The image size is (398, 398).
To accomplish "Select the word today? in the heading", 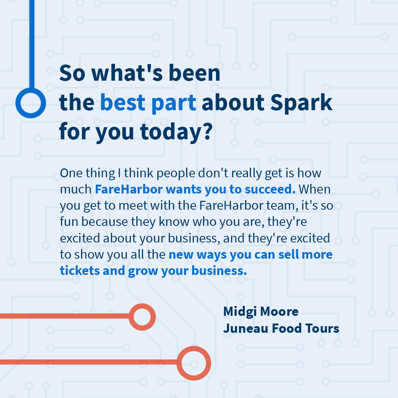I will (x=179, y=132).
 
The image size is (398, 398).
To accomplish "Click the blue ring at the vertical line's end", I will (x=31, y=103).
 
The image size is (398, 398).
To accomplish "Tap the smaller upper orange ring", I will (x=142, y=317).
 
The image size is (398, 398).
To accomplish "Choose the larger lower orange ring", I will (x=193, y=363).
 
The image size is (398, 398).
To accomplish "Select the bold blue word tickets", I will (x=80, y=271).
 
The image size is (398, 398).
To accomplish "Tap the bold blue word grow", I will (x=141, y=271).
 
